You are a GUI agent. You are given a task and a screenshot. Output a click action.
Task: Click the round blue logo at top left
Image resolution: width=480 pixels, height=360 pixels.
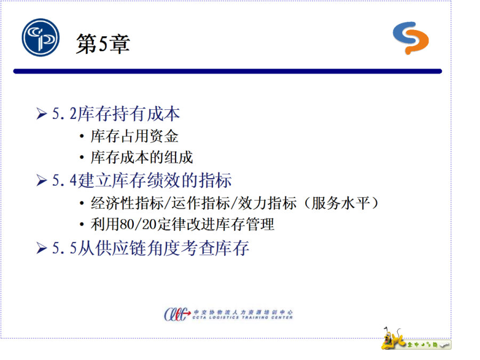click(x=41, y=37)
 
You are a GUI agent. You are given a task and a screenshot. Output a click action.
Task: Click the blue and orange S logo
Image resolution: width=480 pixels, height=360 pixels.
click(x=411, y=38)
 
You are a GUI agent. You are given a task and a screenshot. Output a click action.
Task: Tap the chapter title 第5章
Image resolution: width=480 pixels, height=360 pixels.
click(x=103, y=44)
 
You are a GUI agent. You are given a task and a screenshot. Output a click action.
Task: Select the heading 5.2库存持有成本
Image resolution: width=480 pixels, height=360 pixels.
click(x=116, y=114)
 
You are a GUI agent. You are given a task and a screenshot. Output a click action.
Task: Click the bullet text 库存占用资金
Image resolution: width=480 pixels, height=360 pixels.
click(x=134, y=136)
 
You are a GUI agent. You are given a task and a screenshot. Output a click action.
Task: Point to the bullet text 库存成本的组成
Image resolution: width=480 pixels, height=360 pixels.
click(x=142, y=157)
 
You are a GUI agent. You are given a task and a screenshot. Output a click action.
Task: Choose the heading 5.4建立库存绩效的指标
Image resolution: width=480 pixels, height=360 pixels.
click(x=142, y=180)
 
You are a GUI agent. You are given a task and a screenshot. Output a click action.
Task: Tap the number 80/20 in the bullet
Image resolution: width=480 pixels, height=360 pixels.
click(x=138, y=225)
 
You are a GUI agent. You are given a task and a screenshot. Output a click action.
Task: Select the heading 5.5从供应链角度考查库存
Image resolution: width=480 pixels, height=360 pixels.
click(x=150, y=247)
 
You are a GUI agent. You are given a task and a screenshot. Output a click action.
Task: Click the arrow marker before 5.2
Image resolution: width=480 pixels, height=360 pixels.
click(x=42, y=114)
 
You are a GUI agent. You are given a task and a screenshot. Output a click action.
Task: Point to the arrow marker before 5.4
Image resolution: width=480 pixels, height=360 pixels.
click(x=42, y=180)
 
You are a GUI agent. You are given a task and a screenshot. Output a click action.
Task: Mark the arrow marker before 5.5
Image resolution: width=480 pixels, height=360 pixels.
click(x=42, y=248)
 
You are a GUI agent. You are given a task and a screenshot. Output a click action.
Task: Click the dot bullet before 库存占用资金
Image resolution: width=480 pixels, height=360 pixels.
click(x=82, y=136)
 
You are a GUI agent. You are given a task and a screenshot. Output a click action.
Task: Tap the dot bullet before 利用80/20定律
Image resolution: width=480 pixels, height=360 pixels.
click(x=82, y=225)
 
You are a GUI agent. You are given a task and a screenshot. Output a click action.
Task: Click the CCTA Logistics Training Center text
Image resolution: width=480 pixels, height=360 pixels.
click(x=243, y=317)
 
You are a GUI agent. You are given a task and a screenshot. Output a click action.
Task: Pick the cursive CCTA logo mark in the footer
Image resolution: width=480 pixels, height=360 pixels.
click(x=177, y=314)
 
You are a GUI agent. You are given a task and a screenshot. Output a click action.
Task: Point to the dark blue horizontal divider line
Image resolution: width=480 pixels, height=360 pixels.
click(x=227, y=71)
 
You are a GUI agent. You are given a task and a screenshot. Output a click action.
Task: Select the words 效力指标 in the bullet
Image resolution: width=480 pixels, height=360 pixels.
click(x=267, y=203)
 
